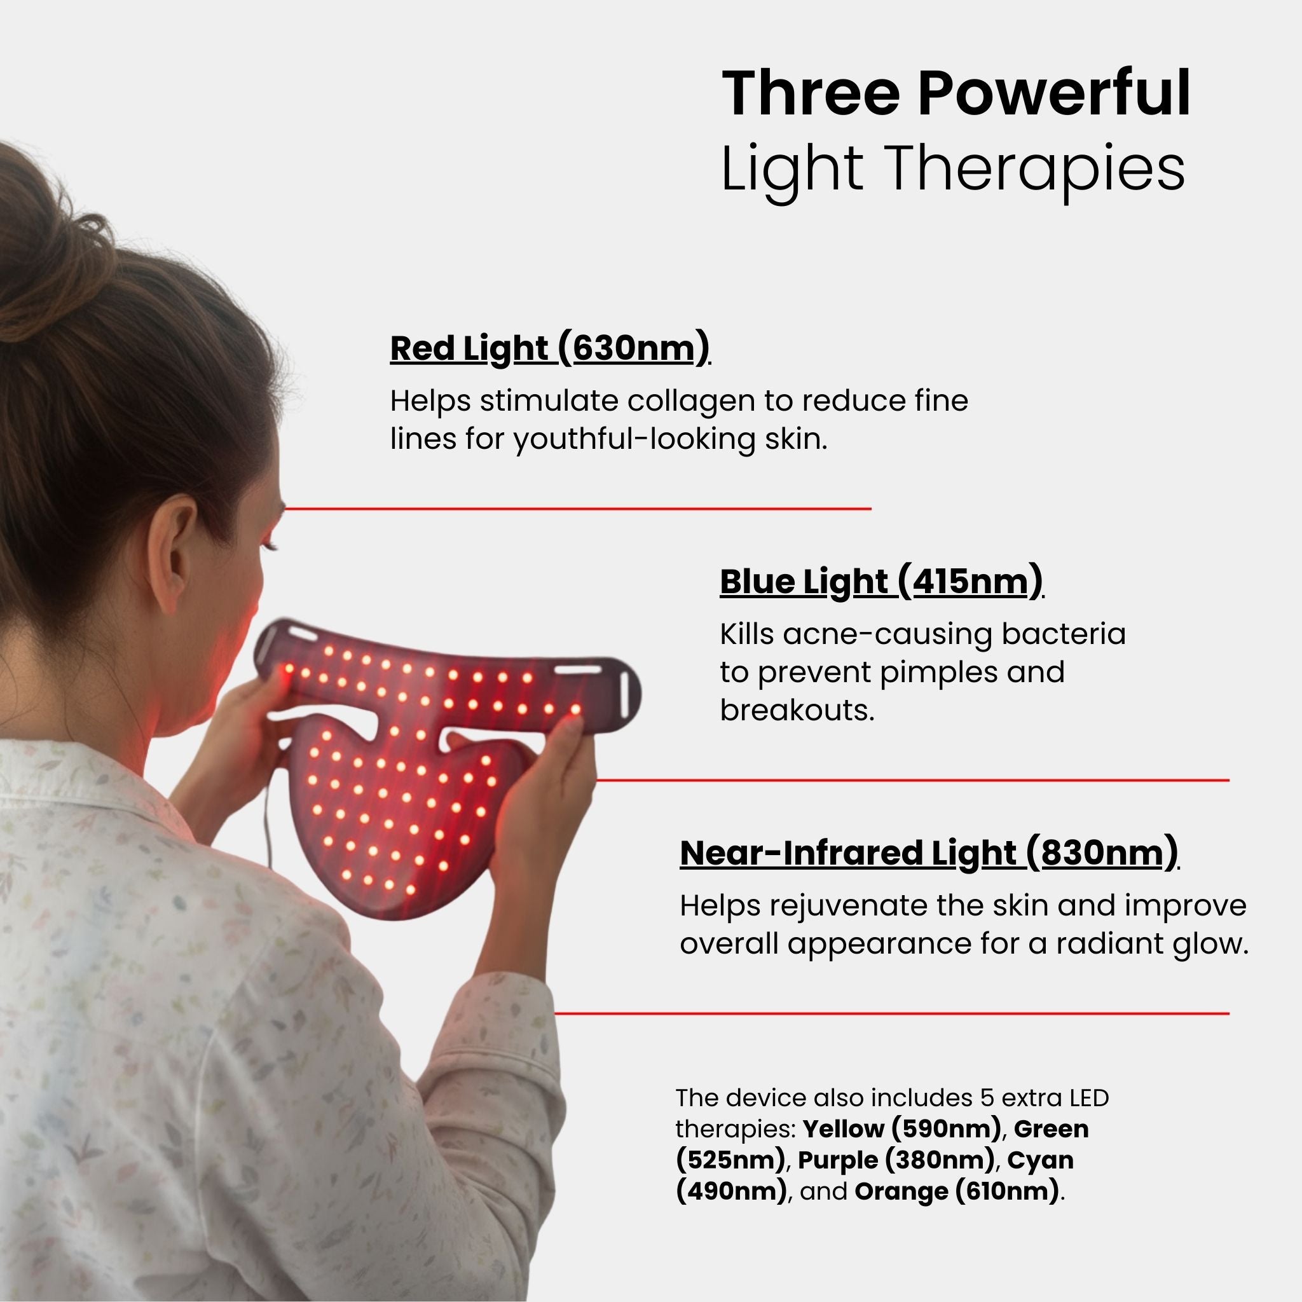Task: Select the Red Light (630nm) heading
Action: click(550, 348)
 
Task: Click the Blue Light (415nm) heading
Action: click(882, 582)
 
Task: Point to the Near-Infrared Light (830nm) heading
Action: click(929, 853)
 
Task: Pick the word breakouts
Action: click(797, 709)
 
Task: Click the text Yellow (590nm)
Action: click(901, 1129)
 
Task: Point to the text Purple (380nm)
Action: click(896, 1160)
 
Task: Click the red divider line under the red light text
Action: click(577, 509)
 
